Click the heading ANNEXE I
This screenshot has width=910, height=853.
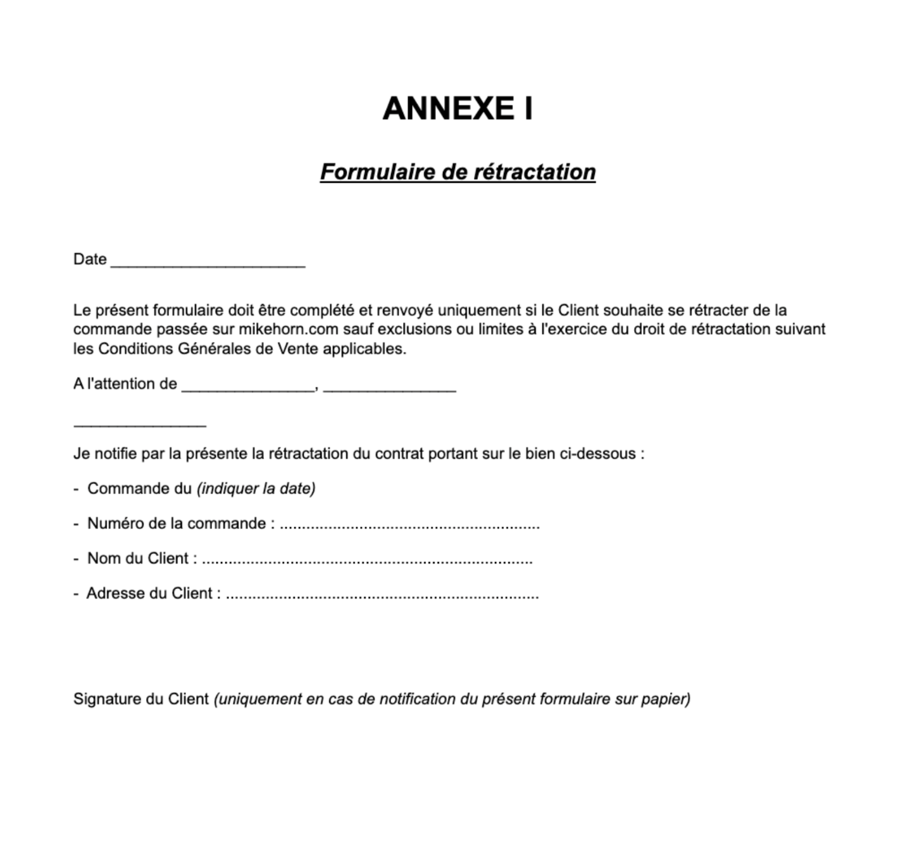(457, 108)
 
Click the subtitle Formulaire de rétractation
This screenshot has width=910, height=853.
(457, 172)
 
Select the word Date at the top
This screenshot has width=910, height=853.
(89, 259)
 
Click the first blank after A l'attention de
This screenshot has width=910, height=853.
(247, 389)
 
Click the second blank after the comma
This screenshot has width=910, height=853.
(389, 389)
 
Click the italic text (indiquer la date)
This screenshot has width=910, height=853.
(256, 489)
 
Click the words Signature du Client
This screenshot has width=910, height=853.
(140, 699)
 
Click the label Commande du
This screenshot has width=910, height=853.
(139, 489)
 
